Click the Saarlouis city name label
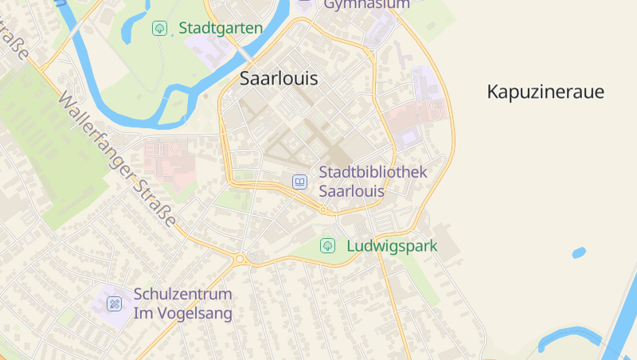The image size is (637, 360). point(279,79)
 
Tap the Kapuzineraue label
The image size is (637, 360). point(545,92)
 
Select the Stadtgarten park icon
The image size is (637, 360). point(160,29)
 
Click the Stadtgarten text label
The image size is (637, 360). point(221,29)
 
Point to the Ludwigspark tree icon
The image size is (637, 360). point(327,246)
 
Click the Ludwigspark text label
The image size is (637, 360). point(392,246)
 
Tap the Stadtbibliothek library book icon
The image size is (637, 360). point(299,182)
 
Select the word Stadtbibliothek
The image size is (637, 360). point(373,172)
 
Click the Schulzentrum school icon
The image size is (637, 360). point(115,303)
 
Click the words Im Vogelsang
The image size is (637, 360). point(182,314)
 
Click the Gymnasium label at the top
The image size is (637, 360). point(366,4)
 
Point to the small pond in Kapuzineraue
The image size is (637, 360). point(579,252)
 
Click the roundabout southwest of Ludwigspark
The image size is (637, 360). point(239,258)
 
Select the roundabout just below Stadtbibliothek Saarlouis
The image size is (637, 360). point(323,209)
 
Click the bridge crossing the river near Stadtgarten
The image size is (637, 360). point(241,53)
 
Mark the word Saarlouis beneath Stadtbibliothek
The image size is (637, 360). point(351,191)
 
